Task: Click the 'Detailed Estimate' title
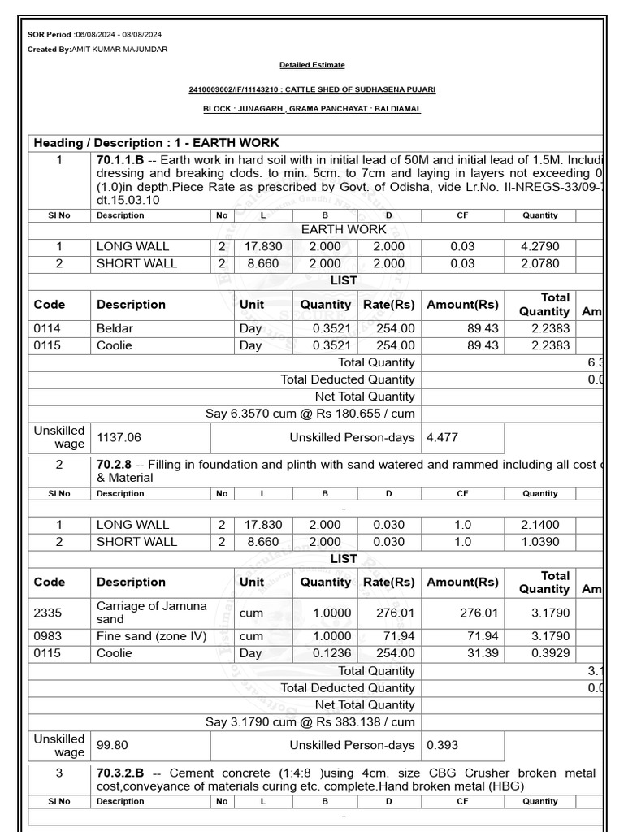coord(312,65)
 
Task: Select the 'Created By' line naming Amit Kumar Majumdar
coord(97,50)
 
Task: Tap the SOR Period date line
coord(94,35)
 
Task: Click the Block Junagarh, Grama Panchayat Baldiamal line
coord(312,109)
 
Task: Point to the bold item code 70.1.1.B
coord(119,160)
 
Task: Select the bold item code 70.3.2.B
coord(119,773)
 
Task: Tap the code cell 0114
coord(47,328)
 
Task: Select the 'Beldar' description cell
coord(115,328)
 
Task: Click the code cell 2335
coord(47,613)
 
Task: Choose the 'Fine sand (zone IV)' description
coord(151,636)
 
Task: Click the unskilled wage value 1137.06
coord(119,437)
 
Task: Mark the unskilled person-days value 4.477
coord(442,437)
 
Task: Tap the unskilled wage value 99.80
coord(112,745)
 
